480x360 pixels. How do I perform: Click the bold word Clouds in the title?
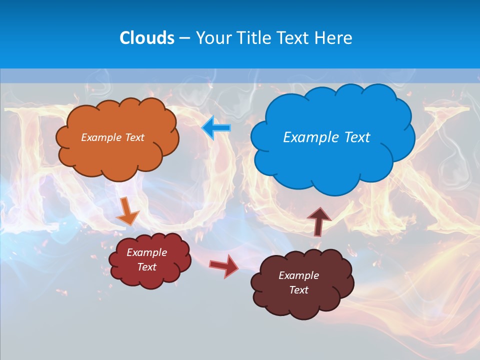[x=147, y=38]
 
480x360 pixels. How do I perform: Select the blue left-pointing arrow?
[x=216, y=128]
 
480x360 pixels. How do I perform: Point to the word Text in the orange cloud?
[x=134, y=137]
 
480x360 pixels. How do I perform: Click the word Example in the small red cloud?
[x=146, y=252]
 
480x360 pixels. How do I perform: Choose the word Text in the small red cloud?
[x=146, y=267]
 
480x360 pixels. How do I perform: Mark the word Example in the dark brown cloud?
[x=298, y=275]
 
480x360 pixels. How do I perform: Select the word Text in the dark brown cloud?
[x=298, y=290]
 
